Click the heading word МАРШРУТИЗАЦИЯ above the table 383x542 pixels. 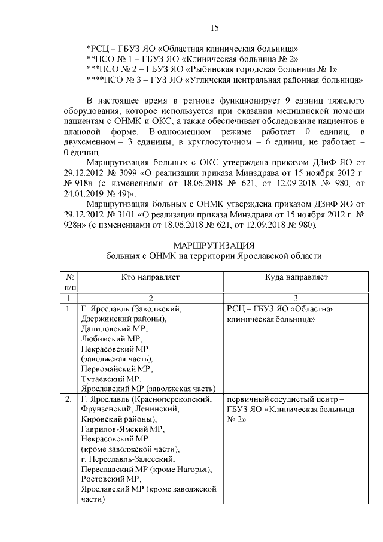[214, 246]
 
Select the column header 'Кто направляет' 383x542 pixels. [150, 277]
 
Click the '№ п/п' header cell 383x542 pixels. [69, 282]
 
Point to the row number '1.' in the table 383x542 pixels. [69, 309]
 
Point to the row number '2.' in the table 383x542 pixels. [69, 399]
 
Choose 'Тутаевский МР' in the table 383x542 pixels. [110, 379]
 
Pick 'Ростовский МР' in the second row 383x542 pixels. [111, 479]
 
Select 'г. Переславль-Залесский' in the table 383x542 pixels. [127, 459]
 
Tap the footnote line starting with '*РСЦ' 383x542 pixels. [193, 47]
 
